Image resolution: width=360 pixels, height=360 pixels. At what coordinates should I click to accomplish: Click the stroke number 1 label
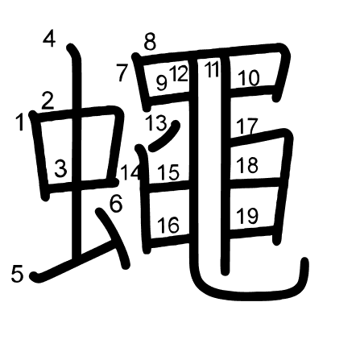click(20, 122)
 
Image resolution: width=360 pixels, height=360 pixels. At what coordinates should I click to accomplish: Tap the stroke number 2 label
click(48, 101)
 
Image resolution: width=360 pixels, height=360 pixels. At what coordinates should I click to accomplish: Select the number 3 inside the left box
click(60, 168)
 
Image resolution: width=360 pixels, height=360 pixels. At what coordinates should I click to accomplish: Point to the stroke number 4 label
click(49, 39)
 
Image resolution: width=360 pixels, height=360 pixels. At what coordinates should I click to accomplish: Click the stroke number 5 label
click(17, 274)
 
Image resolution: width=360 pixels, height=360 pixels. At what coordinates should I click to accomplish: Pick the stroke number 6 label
click(116, 203)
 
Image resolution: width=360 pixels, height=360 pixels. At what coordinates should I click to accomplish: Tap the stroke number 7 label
click(122, 73)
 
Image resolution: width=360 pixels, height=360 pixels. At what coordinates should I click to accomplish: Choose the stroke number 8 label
click(150, 42)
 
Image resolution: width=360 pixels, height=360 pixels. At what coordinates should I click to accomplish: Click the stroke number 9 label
click(162, 83)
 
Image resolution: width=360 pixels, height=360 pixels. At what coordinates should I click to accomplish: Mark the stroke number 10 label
click(249, 78)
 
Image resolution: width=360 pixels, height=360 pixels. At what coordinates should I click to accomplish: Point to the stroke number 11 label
click(212, 69)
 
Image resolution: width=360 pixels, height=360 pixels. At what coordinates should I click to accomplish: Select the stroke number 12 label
click(179, 73)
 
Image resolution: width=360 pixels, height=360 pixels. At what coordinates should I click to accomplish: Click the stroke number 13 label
click(156, 122)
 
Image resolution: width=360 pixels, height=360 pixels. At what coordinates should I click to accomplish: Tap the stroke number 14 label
click(130, 172)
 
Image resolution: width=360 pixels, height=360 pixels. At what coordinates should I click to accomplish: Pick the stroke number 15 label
click(168, 172)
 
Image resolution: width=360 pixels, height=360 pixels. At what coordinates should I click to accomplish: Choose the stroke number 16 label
click(168, 225)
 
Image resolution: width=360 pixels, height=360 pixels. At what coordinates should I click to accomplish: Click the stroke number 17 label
click(247, 126)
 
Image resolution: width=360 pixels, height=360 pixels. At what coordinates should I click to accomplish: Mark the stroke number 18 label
click(247, 165)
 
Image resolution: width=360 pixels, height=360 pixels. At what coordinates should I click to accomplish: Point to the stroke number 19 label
click(247, 216)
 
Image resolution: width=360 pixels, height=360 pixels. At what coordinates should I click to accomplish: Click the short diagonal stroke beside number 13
click(164, 137)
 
